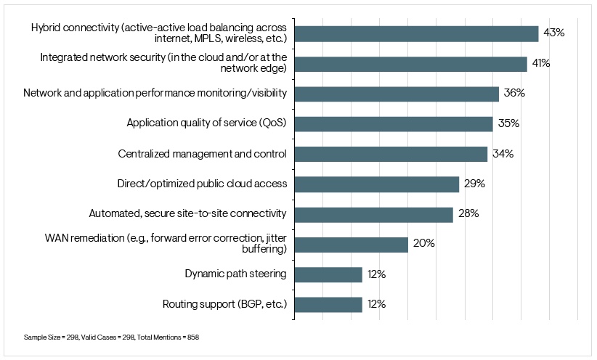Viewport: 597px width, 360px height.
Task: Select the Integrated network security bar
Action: coord(410,64)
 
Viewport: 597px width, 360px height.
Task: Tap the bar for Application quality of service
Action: coord(394,123)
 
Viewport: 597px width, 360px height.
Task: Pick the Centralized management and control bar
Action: coord(391,154)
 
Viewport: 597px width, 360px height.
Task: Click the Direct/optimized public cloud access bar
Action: coord(376,184)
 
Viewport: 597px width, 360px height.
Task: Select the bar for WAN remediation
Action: coord(351,244)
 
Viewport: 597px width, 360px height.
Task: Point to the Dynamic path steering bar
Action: coord(328,274)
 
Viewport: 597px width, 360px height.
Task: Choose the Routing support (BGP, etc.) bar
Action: coord(328,304)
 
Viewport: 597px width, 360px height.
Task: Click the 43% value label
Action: coord(553,33)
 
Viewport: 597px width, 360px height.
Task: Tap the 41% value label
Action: coord(540,64)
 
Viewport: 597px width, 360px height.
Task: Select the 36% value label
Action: coord(513,94)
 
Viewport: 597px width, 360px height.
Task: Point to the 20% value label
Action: coord(423,244)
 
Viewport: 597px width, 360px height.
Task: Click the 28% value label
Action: coord(468,214)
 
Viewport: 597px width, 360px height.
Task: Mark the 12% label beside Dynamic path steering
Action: coord(375,274)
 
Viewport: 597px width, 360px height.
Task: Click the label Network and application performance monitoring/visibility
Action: coord(155,94)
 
